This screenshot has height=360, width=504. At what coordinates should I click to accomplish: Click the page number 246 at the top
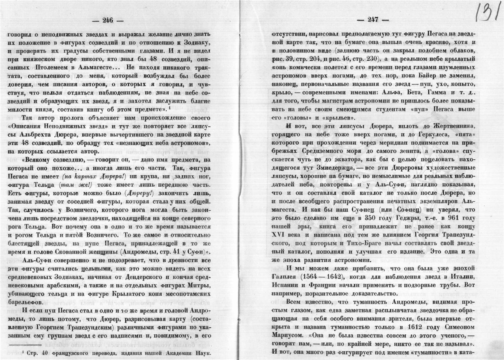108,21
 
